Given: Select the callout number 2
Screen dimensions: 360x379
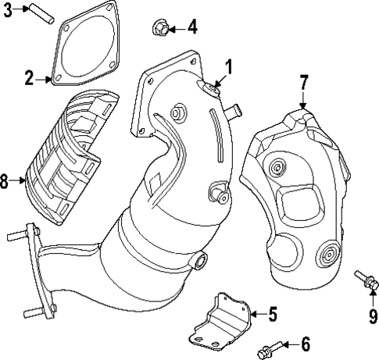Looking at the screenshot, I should point(29,78).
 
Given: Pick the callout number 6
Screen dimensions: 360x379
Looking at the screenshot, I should point(306,343).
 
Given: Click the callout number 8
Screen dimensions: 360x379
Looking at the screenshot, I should point(6,182).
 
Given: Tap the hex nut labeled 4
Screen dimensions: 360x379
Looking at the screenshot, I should point(156,30).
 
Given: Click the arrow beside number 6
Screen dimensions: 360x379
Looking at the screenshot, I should point(288,344).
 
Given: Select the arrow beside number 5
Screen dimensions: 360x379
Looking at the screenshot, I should point(256,315).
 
